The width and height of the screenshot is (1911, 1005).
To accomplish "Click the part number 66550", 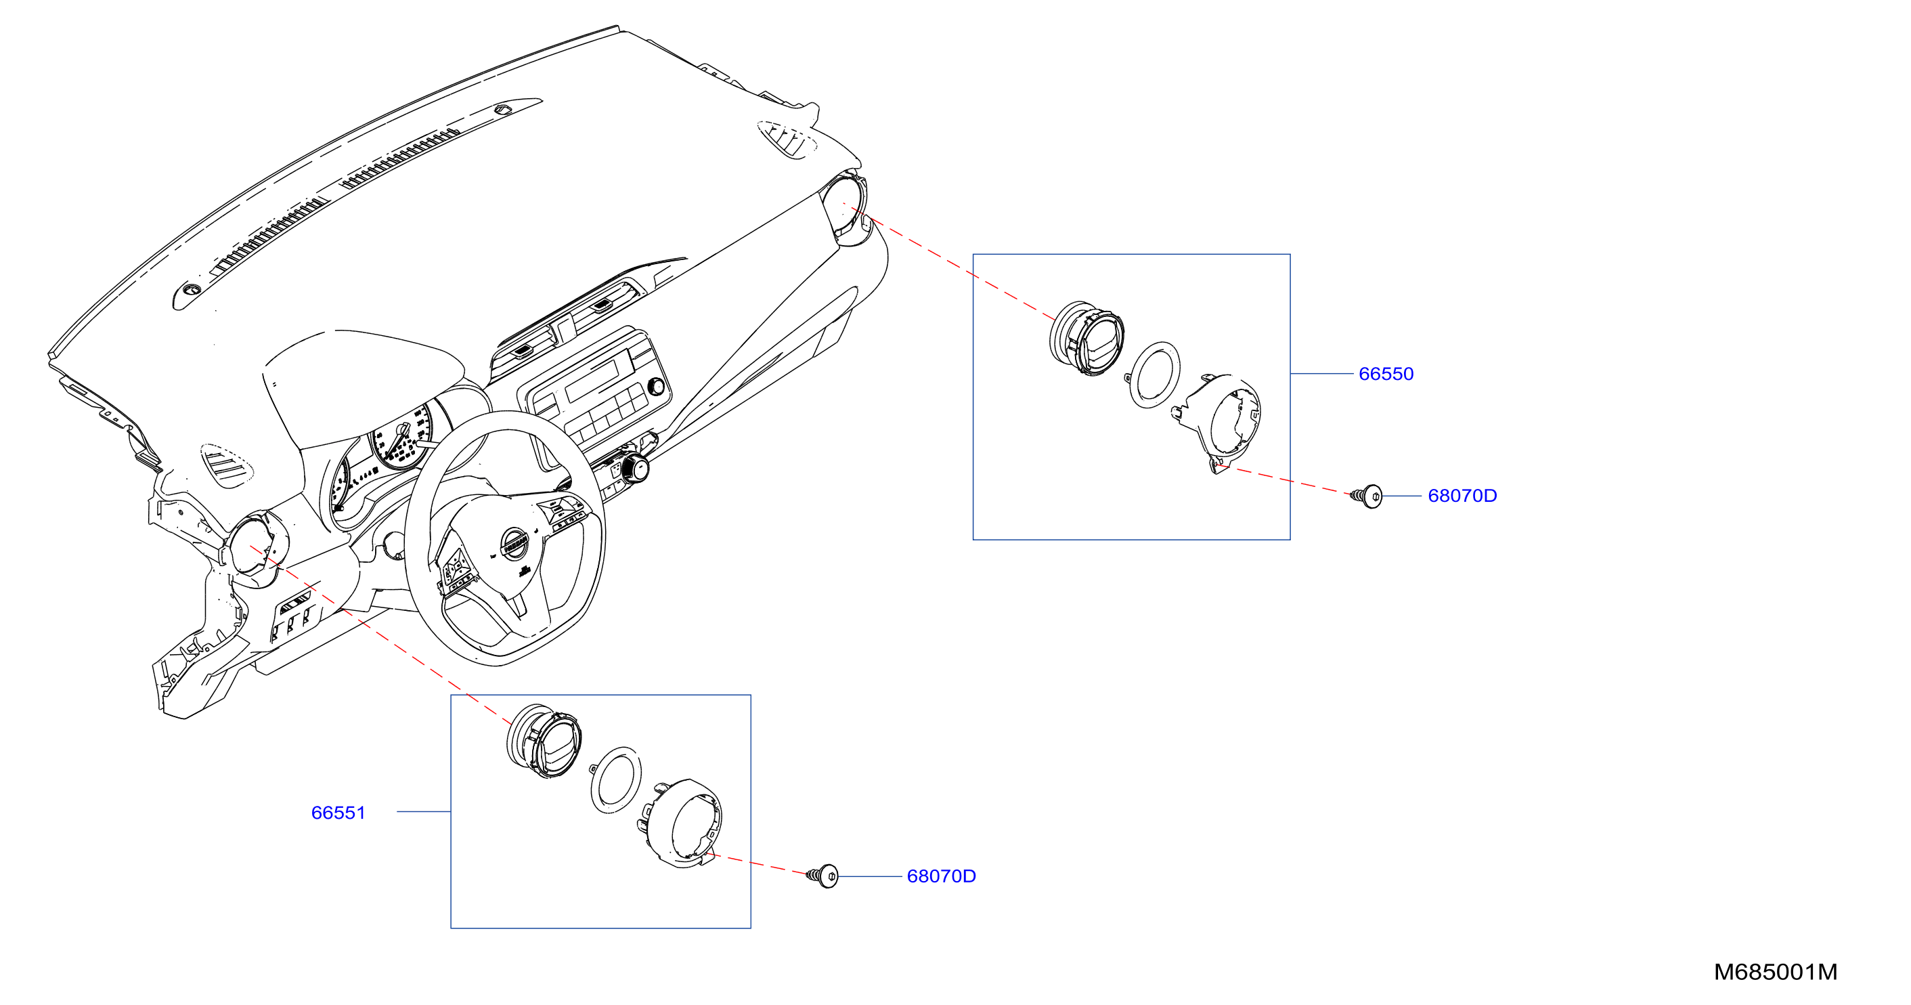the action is (x=1385, y=373).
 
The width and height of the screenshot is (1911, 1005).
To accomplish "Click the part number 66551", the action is (x=338, y=813).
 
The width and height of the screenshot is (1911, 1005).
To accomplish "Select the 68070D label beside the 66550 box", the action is (x=1462, y=496).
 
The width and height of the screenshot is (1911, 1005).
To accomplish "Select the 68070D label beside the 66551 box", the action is (x=941, y=876).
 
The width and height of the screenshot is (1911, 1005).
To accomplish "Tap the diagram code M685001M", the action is (x=1775, y=972).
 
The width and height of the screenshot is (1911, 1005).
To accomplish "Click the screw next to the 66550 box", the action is (x=1367, y=496).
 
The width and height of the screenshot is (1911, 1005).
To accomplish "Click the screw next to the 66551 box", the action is (x=822, y=876).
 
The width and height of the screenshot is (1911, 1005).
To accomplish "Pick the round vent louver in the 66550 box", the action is (x=1086, y=339).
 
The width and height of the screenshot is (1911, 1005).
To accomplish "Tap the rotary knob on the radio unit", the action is (x=656, y=386).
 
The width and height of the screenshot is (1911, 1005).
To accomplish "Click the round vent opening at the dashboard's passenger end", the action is (x=843, y=207).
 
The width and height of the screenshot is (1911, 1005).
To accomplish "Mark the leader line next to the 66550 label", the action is (x=1321, y=373).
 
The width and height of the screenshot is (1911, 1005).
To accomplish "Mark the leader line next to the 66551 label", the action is (x=424, y=812).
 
